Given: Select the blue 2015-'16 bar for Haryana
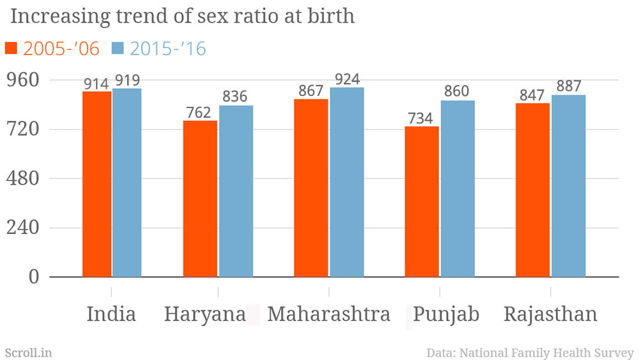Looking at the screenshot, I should pos(236,191).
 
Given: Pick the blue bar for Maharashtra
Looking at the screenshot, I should pos(347,182).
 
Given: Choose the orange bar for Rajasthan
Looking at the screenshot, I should pos(532,190).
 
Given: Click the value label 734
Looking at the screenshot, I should pos(422,118).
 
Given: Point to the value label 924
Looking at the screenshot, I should pos(347,79).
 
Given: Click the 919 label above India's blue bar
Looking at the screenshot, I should pos(127,81).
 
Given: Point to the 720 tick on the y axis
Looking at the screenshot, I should pos(23,129).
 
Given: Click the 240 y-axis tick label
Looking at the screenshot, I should pos(23,228).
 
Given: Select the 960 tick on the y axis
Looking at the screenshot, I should pos(23,80).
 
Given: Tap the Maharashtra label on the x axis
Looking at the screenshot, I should pos(328,315).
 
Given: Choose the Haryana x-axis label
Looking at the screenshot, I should pos(204,315).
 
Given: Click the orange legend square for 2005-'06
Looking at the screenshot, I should pos(11,48).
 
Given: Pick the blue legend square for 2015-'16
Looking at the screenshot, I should pos(118,48).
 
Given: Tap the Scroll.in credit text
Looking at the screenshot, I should pos(28,352).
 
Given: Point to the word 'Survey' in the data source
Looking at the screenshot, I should pos(613,352).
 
